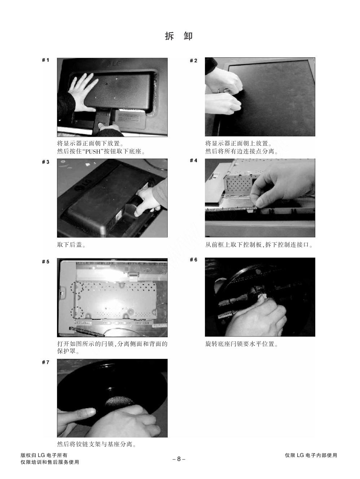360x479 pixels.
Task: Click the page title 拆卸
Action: (x=179, y=36)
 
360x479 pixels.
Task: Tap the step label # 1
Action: (x=45, y=60)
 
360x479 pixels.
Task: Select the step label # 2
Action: (x=194, y=61)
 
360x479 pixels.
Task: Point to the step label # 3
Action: (x=45, y=162)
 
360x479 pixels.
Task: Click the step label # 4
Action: (x=194, y=161)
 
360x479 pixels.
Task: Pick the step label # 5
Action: (x=45, y=262)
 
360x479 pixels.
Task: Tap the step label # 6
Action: (x=194, y=260)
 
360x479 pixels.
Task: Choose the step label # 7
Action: (x=45, y=362)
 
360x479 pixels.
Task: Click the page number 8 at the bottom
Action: (x=179, y=459)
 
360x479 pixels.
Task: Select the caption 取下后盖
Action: (x=71, y=245)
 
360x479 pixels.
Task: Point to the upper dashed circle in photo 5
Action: (x=77, y=287)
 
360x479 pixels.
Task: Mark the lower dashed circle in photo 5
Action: (x=77, y=313)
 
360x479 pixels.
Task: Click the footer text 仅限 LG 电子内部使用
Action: (x=311, y=455)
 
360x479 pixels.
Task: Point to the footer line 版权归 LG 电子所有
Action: (x=44, y=455)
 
